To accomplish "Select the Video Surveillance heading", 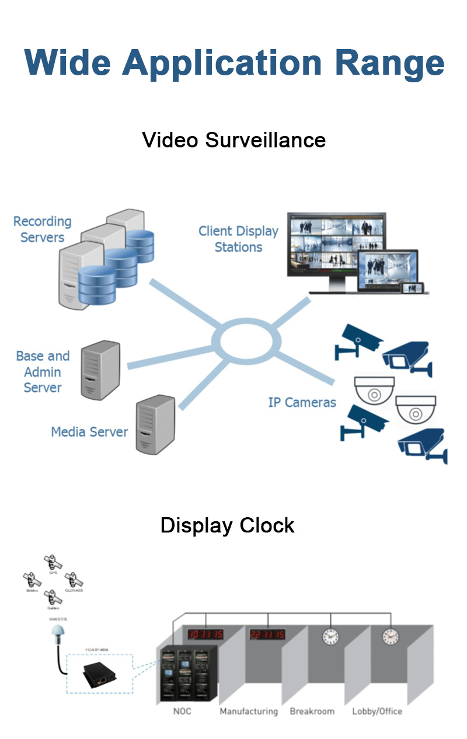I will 233,140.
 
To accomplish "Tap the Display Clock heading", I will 227,525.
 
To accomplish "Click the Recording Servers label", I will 42,229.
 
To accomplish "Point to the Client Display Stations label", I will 238,239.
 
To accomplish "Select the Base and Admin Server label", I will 43,372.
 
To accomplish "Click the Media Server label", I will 89,432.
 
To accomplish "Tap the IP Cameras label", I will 302,402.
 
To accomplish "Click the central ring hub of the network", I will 242,337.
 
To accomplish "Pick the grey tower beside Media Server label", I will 155,424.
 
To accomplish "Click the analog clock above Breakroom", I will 330,636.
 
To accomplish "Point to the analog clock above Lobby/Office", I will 390,636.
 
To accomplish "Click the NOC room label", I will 182,712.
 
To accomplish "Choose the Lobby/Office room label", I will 377,712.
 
